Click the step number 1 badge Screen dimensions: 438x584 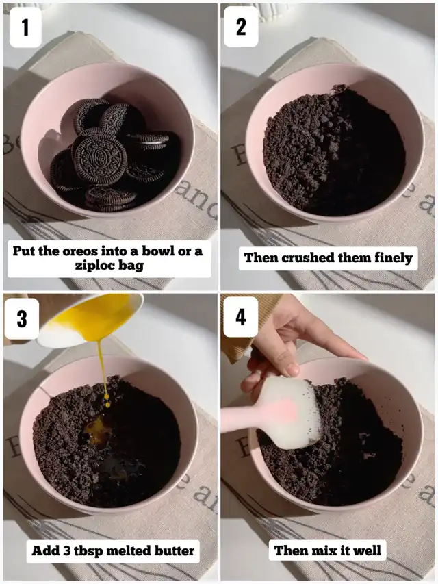pyautogui.click(x=25, y=27)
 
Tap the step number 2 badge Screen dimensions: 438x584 pyautogui.click(x=241, y=27)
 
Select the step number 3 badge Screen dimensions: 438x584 pyautogui.click(x=22, y=318)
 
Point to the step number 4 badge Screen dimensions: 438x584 pyautogui.click(x=241, y=317)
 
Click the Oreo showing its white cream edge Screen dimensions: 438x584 pyautogui.click(x=150, y=141)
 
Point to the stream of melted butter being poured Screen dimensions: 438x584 pyautogui.click(x=103, y=369)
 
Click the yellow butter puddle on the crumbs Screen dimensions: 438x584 pyautogui.click(x=94, y=429)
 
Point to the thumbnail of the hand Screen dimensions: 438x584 pyautogui.click(x=292, y=370)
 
